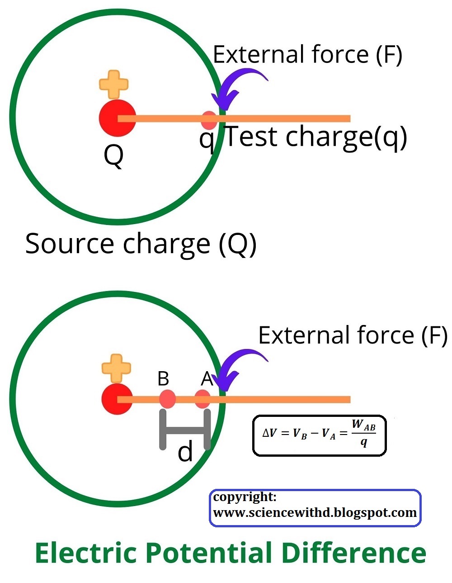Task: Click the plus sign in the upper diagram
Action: pos(114,84)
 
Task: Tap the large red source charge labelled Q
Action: pos(117,118)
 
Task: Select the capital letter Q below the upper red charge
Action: pos(113,156)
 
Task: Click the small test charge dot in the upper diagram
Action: pos(209,120)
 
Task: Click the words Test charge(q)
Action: pos(315,137)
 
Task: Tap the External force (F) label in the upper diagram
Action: pos(307,55)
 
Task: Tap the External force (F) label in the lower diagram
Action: pos(353,335)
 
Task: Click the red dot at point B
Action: pos(167,399)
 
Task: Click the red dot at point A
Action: pos(202,399)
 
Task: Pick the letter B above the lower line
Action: pos(163,378)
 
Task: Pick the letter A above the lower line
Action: pos(207,378)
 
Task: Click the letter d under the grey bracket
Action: pos(185,452)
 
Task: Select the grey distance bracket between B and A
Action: pos(185,430)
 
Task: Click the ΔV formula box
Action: pos(319,435)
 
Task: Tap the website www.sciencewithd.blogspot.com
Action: pos(315,513)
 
